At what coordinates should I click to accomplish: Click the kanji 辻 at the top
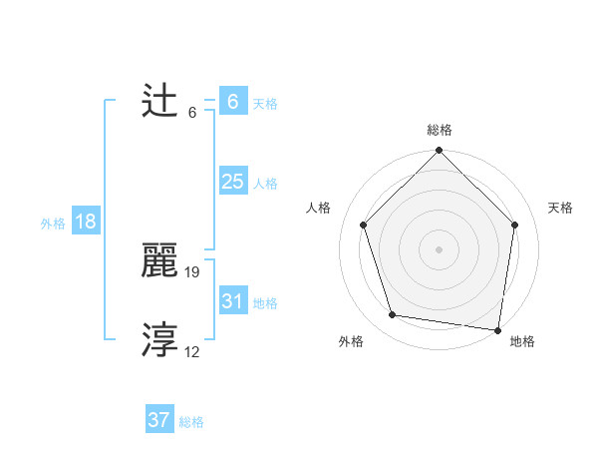point(159,101)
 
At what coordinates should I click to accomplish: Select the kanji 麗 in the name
point(159,260)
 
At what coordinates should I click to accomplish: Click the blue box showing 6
point(233,102)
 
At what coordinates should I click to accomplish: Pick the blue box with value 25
point(233,182)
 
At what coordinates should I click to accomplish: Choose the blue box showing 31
point(233,301)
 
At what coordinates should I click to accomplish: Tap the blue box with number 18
point(86,222)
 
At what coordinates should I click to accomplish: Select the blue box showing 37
point(159,420)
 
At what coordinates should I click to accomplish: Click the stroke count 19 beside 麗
point(193,271)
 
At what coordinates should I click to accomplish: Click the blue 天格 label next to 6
point(265,104)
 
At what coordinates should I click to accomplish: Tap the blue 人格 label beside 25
point(265,184)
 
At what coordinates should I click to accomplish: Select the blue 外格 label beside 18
point(53,224)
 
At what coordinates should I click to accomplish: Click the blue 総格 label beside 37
point(191,422)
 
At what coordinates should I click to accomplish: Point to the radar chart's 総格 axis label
point(440,130)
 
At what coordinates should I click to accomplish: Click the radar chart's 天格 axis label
point(560,208)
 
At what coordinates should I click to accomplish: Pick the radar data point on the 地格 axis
point(498,329)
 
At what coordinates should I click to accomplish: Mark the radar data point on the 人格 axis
point(364,225)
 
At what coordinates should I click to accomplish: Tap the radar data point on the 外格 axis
point(393,315)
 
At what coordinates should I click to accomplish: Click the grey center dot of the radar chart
point(440,248)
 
